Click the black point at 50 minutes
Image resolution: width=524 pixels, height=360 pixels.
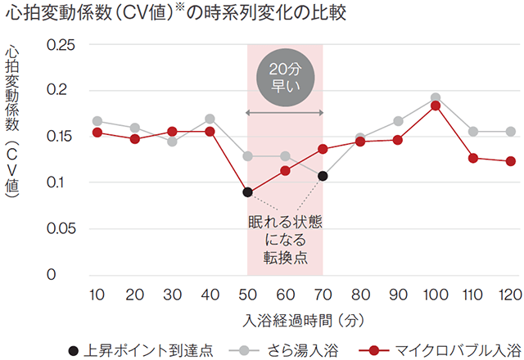coord(247,192)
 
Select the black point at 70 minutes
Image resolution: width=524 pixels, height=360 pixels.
coord(323,176)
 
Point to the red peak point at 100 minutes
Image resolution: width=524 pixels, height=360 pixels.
coord(436,106)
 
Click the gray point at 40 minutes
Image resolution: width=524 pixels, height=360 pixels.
coord(210,119)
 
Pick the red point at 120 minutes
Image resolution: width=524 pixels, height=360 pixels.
coord(510,161)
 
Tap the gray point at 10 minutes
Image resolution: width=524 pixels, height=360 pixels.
coord(97,121)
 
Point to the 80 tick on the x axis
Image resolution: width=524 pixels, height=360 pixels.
coord(360,294)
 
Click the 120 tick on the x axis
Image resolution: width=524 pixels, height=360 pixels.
coord(510,294)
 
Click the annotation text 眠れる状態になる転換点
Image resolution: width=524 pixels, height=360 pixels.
coord(285,239)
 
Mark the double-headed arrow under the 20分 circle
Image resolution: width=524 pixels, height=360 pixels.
coord(285,112)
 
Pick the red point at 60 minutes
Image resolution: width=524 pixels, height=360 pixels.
coord(285,170)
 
